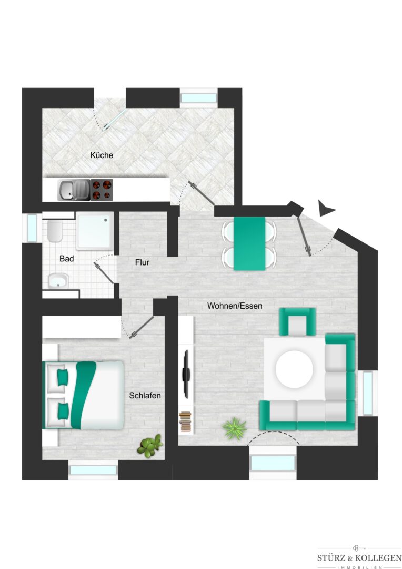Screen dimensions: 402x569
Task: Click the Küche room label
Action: (102, 155)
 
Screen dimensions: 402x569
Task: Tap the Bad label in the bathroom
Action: (67, 259)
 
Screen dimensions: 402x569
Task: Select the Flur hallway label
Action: (142, 262)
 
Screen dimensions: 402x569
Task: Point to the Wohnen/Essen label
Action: (235, 306)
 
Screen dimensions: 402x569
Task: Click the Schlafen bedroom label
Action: (145, 396)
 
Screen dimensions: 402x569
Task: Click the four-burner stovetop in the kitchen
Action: (102, 190)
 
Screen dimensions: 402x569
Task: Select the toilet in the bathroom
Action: (54, 231)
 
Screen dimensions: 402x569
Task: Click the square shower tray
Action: (94, 231)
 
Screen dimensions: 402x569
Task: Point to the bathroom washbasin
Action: (58, 280)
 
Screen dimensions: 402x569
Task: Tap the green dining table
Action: (249, 243)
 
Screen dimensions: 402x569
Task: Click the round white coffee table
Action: (294, 369)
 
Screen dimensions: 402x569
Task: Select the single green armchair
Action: (297, 321)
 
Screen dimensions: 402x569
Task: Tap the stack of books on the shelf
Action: (185, 421)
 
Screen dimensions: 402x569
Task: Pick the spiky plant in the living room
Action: (234, 428)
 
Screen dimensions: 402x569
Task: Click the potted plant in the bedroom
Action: (149, 446)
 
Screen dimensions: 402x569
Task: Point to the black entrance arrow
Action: (326, 208)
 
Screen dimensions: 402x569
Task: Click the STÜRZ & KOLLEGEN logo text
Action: (359, 558)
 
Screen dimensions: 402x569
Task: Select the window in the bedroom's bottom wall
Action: (93, 470)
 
